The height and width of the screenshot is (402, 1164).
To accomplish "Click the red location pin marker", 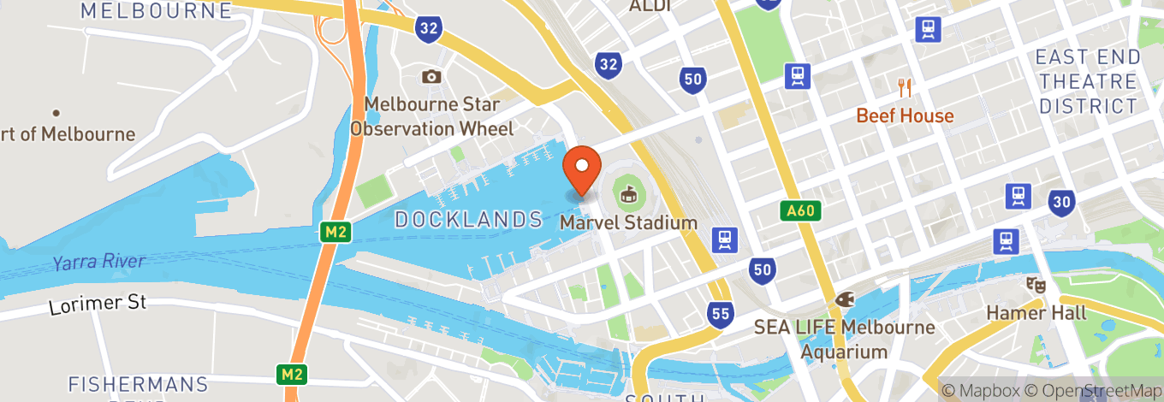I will pos(582,167).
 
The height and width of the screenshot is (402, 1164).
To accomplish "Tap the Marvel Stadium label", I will pos(629,222).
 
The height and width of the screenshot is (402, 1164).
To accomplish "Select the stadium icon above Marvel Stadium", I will pos(629,193).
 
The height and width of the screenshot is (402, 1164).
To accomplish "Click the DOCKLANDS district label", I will pos(469,220).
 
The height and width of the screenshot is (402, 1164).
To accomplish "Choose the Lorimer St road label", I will pos(98,303).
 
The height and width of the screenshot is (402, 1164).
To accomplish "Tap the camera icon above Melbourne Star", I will pos(431,77).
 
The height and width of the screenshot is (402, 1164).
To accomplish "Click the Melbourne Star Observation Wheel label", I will pos(432,117).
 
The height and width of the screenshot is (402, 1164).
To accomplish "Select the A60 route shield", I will pos(801,210).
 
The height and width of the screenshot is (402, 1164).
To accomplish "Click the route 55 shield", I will pos(721,314).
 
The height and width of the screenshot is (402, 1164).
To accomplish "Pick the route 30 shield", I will pos(1061,202).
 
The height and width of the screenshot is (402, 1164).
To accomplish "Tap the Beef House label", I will pos(905,115).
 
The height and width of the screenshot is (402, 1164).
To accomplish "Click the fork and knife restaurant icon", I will pos(905,86).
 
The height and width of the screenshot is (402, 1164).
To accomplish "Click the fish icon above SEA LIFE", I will pos(844,299).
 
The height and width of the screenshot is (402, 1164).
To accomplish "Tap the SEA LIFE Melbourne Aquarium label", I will pos(844,340).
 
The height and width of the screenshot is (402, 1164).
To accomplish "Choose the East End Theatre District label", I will pos(1087,82).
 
